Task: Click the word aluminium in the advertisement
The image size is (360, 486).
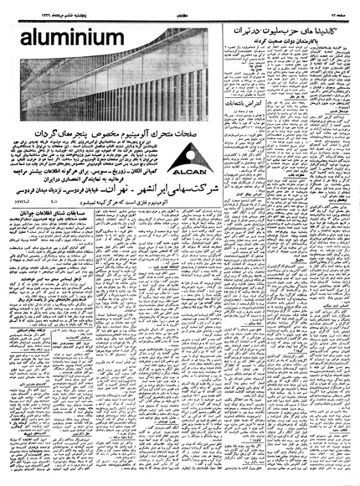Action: pyautogui.click(x=59, y=39)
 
